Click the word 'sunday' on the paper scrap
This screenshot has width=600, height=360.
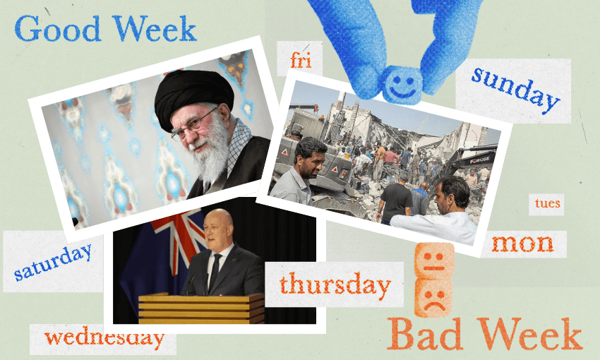[x=515, y=90]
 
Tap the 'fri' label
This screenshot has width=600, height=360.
[x=301, y=61]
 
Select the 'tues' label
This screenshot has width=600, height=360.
[x=547, y=203]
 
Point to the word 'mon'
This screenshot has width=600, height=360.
[x=522, y=244]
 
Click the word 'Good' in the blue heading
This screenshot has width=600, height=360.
[x=58, y=28]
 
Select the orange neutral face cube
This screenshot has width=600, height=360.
[x=434, y=260]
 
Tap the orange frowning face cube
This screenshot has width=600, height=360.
[x=433, y=297]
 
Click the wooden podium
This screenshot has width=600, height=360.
[x=201, y=308]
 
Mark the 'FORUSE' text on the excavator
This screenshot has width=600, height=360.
[x=480, y=161]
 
